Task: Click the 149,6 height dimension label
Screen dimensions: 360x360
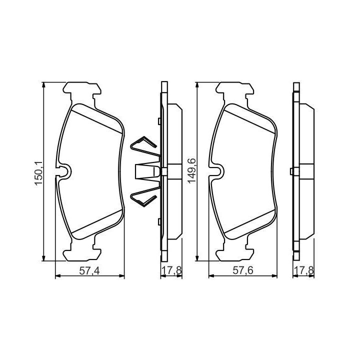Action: tap(191, 170)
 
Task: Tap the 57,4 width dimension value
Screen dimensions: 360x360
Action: tap(89, 271)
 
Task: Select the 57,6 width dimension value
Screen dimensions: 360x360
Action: tap(243, 270)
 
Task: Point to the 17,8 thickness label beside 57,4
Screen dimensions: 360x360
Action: tap(171, 270)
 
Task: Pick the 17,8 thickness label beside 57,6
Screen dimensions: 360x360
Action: tap(304, 270)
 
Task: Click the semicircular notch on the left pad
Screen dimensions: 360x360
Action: tap(64, 171)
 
